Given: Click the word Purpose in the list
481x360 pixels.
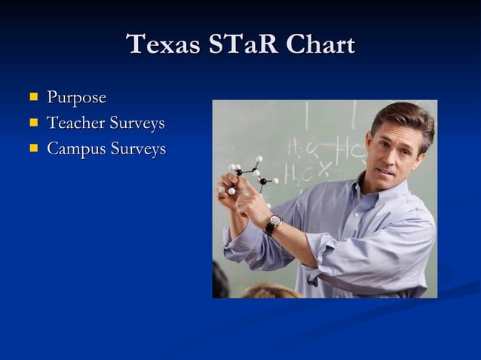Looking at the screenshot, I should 76,98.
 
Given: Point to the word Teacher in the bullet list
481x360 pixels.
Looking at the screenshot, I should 75,123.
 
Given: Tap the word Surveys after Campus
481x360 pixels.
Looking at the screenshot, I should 138,148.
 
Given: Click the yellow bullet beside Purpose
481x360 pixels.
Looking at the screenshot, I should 33,97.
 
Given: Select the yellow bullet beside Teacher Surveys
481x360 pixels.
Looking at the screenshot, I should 33,122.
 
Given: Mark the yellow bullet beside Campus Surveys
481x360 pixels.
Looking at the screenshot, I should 33,148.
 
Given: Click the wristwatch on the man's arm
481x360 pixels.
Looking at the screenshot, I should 273,224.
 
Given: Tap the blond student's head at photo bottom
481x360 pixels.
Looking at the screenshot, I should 268,291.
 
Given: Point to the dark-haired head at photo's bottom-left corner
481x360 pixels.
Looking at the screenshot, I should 219,282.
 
